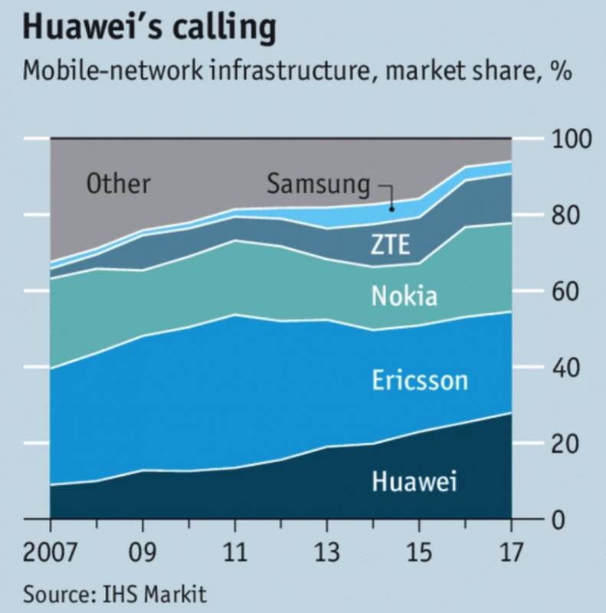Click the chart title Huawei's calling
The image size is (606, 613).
click(149, 29)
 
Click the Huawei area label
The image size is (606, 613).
click(414, 482)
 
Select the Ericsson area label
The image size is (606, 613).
click(419, 380)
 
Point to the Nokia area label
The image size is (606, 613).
click(404, 297)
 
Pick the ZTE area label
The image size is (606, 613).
click(390, 245)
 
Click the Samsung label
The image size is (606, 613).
click(318, 185)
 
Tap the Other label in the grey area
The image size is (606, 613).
click(118, 185)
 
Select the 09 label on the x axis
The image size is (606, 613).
click(142, 552)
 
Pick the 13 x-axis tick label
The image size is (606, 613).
click(327, 552)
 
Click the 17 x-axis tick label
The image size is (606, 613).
click(510, 552)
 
